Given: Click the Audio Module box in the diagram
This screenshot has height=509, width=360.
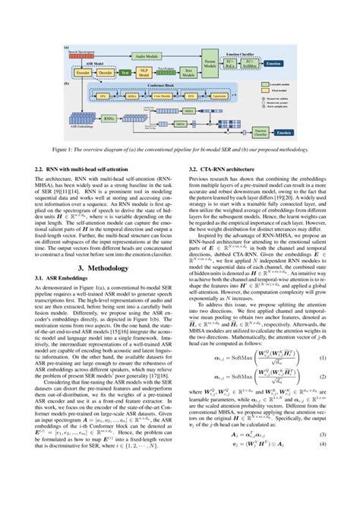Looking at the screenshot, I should pyautogui.click(x=148, y=56).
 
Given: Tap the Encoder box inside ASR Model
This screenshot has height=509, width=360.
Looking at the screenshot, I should pyautogui.click(x=81, y=73).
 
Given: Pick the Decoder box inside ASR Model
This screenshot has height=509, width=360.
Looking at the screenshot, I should pyautogui.click(x=105, y=73).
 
